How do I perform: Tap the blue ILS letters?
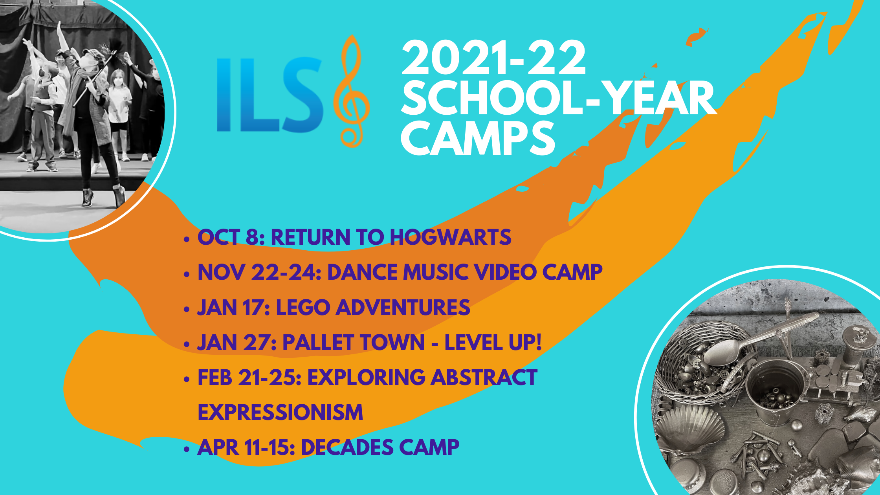pos(270,95)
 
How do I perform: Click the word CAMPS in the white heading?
pos(478,138)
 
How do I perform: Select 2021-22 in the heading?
pos(493,58)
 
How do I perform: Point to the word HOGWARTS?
pos(450,237)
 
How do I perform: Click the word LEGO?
pos(303,307)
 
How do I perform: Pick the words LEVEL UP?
pos(493,342)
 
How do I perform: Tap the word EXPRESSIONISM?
pos(280,412)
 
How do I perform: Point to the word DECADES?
pos(347,447)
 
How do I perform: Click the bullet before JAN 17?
pos(187,309)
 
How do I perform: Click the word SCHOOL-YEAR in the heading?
pos(559,98)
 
